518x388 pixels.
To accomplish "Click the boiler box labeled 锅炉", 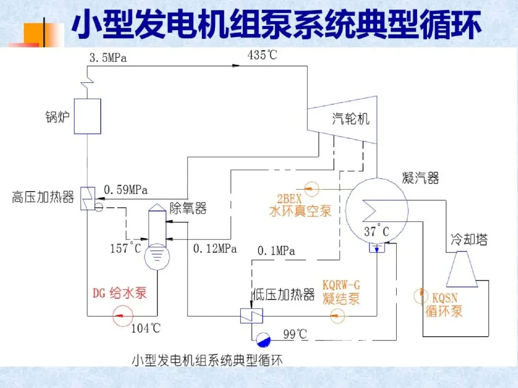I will [x=87, y=116].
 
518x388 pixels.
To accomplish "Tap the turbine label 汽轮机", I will [x=351, y=119].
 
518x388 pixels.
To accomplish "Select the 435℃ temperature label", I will [x=262, y=55].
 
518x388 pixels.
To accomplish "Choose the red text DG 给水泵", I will [x=120, y=293].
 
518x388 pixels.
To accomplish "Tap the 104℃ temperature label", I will [x=146, y=329].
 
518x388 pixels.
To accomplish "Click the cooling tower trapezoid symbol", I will [x=462, y=269].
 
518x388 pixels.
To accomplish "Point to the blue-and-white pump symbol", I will [x=263, y=339].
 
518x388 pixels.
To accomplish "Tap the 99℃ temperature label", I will [x=294, y=334].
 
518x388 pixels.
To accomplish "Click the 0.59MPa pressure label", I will [x=126, y=190].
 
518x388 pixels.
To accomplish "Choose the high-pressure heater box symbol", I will [x=87, y=197].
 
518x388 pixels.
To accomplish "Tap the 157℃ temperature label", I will [x=126, y=248].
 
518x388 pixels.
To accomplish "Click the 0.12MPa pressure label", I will [x=215, y=249].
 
